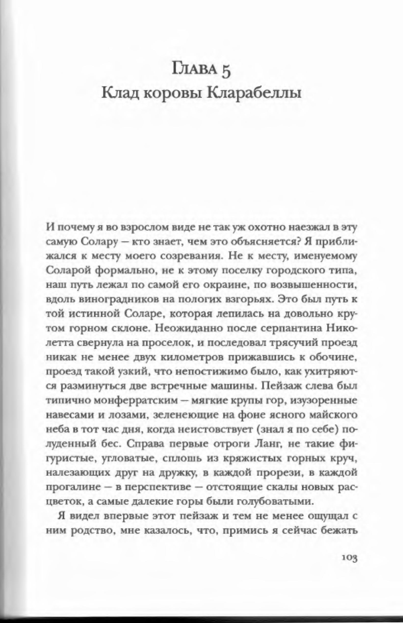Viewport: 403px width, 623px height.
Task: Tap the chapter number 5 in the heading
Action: tap(227, 72)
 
